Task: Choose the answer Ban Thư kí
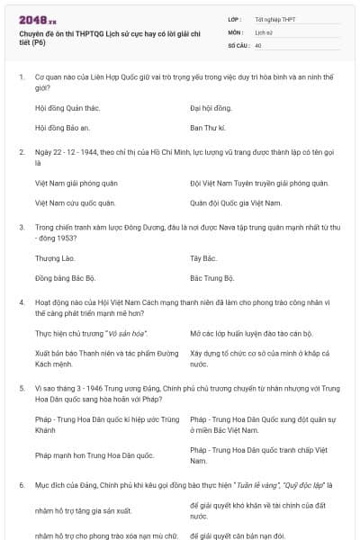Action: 208,128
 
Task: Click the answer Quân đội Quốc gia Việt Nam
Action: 236,203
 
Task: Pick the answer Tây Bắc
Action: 204,258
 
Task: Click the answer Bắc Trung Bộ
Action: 212,279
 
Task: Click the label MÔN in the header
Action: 236,31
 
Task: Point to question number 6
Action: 22,485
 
